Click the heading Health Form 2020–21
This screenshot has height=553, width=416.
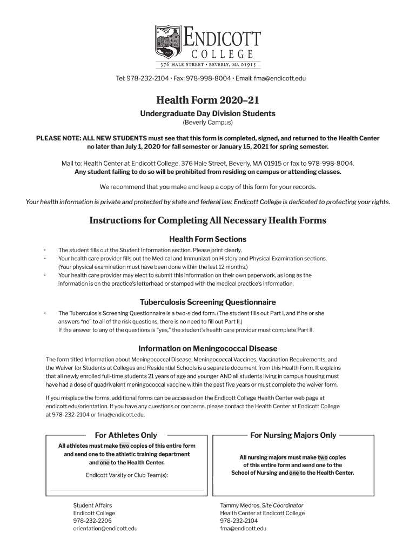(x=208, y=100)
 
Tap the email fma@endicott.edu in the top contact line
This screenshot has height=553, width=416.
(x=280, y=79)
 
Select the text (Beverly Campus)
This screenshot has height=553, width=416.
(x=208, y=123)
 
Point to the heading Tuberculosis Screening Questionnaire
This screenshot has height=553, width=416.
(x=208, y=302)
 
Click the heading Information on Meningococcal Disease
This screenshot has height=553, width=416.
(x=208, y=348)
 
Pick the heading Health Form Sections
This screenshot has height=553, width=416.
(x=208, y=239)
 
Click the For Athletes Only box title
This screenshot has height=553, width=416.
(x=126, y=435)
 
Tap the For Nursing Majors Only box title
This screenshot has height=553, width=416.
(x=293, y=435)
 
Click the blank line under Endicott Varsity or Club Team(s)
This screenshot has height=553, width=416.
(x=126, y=490)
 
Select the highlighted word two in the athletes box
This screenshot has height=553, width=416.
(x=124, y=446)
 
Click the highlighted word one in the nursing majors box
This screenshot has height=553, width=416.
(x=294, y=473)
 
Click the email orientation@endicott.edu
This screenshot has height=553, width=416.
(x=105, y=529)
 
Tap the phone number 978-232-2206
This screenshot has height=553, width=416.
(x=93, y=521)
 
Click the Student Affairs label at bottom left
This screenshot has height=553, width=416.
(x=93, y=505)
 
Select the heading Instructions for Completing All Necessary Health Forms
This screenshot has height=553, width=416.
(x=208, y=220)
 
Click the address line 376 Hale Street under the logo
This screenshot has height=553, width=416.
(x=208, y=65)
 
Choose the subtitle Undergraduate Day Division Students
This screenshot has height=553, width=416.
(x=208, y=113)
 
